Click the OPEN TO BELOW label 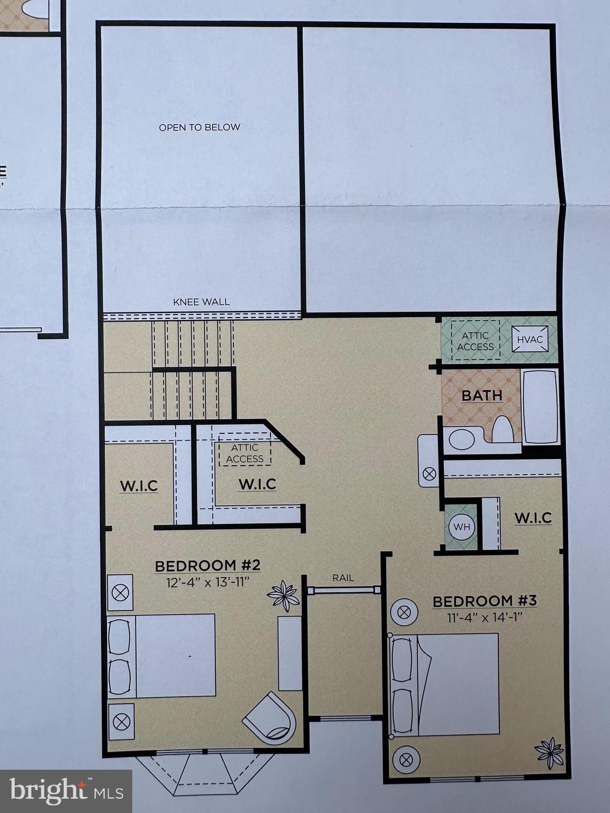(200, 127)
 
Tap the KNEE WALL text (201, 302)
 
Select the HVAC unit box (530, 339)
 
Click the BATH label (482, 395)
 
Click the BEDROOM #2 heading (208, 566)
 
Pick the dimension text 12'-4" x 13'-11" (208, 581)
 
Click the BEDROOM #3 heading (485, 601)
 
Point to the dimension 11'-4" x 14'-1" (485, 617)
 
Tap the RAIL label (343, 578)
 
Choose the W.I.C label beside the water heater (533, 517)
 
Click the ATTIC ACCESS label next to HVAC (475, 341)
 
